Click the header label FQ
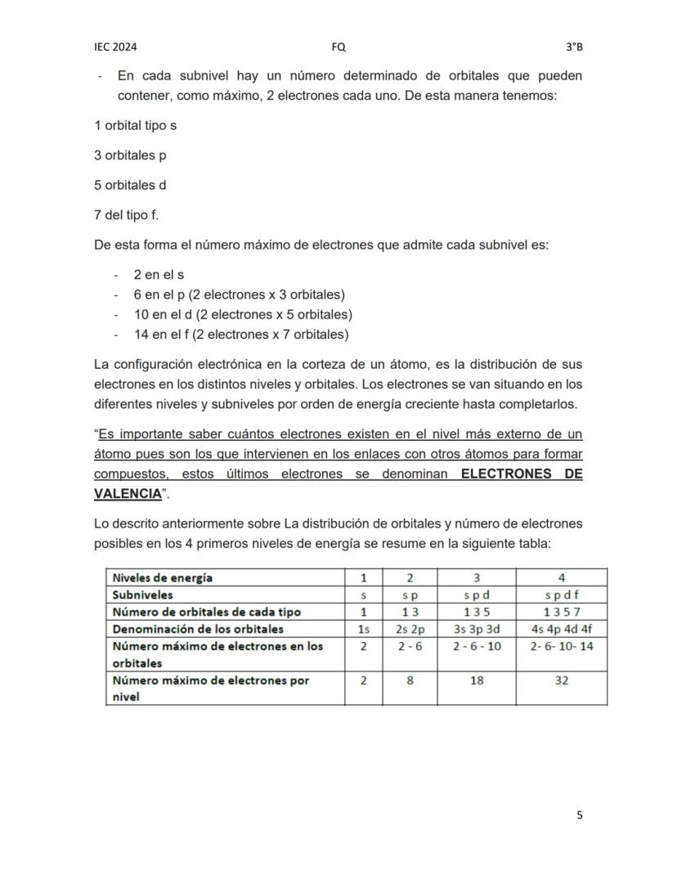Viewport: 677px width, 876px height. [x=338, y=47]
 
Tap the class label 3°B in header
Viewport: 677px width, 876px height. [x=574, y=47]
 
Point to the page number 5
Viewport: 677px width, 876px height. [x=580, y=815]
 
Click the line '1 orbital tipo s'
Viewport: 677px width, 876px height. [x=135, y=125]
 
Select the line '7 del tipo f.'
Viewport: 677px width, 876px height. [x=127, y=214]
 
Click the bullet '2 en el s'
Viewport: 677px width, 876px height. [x=159, y=275]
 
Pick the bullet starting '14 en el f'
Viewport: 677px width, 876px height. [x=240, y=334]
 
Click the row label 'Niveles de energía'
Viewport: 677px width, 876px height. [x=163, y=577]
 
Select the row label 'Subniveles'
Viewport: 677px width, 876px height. [x=142, y=595]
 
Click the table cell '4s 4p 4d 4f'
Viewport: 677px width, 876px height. [x=561, y=629]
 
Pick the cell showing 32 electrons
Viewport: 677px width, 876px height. [x=561, y=681]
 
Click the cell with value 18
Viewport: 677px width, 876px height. [x=476, y=681]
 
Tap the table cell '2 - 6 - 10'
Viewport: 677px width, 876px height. [x=476, y=646]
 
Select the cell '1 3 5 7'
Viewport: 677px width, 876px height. [x=561, y=612]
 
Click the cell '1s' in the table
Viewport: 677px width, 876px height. [x=364, y=629]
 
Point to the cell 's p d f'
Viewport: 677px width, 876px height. [x=561, y=595]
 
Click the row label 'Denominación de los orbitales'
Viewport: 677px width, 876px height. [x=198, y=629]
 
